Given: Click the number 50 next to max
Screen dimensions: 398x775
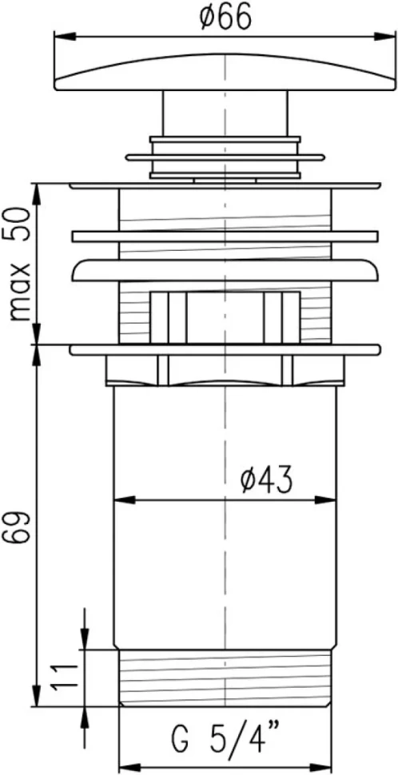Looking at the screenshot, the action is (x=19, y=225).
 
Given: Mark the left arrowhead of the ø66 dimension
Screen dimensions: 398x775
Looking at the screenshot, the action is (x=64, y=36).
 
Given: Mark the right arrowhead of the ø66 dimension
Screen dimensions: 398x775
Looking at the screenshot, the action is (x=385, y=36).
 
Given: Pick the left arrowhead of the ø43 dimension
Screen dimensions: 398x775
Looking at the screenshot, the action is (x=125, y=500).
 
